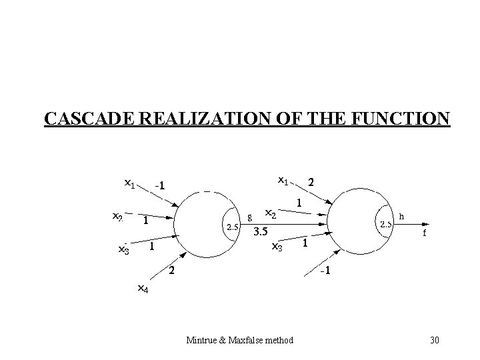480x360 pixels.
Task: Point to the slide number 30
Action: click(435, 341)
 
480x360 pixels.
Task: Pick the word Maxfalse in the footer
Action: click(244, 341)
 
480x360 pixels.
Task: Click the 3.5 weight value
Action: click(261, 233)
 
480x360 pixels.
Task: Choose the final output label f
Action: click(424, 234)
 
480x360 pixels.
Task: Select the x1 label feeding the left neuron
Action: click(129, 181)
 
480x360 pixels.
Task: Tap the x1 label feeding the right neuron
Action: click(283, 180)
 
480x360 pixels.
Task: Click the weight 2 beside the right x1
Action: click(311, 181)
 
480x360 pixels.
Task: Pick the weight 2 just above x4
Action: click(172, 270)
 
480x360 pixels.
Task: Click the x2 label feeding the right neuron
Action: click(271, 213)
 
